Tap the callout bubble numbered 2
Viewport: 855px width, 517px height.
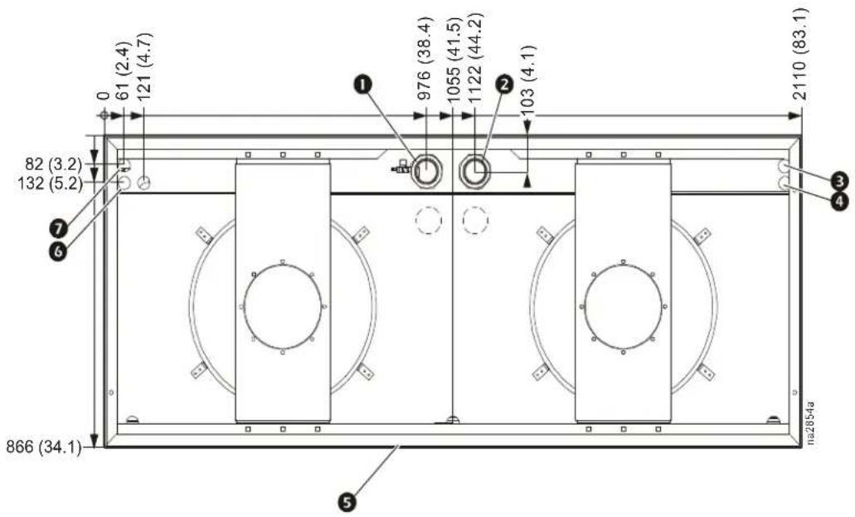click(x=504, y=84)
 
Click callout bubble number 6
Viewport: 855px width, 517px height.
click(x=58, y=251)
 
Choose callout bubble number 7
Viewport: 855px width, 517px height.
click(x=58, y=227)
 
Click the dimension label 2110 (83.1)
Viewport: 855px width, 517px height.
click(x=801, y=53)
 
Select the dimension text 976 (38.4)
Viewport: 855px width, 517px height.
click(x=424, y=59)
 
